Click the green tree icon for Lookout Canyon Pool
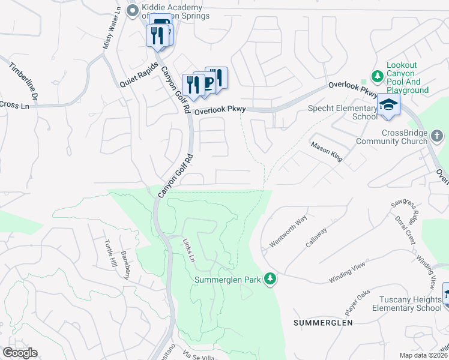377,76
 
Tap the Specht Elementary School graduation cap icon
388,104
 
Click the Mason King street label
327,152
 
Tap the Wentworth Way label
288,229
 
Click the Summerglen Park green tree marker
271,279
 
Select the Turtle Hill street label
109,257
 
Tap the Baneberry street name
127,264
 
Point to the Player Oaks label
357,302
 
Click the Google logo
20,353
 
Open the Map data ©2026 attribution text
424,355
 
